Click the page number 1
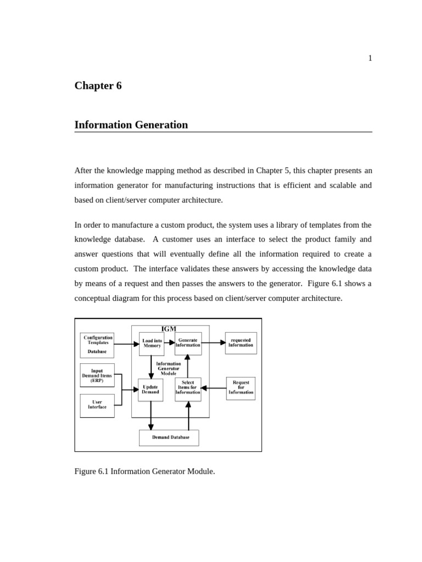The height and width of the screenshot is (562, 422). point(370,58)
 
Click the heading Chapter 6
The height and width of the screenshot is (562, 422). point(98,86)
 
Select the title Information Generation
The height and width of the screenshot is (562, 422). point(131,125)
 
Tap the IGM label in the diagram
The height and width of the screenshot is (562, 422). point(169,329)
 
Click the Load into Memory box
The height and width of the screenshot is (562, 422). point(152,344)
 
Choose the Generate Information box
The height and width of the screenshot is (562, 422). point(188,343)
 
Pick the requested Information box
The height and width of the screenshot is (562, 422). point(241,343)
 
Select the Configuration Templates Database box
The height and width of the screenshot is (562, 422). point(97,345)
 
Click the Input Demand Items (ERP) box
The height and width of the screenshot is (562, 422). point(97,375)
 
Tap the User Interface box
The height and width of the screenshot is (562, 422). point(97,406)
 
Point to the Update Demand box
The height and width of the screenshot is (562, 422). point(151,390)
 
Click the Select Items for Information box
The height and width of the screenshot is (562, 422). point(188,389)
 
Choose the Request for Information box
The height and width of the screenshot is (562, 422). point(241,388)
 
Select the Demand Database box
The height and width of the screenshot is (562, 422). point(170,437)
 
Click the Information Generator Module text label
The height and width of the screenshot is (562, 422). point(168,368)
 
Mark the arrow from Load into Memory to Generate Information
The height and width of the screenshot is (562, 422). point(170,342)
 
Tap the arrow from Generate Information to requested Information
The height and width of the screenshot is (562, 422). point(214,342)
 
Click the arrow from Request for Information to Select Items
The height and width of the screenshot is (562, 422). point(214,388)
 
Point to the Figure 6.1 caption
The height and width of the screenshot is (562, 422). point(145,471)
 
